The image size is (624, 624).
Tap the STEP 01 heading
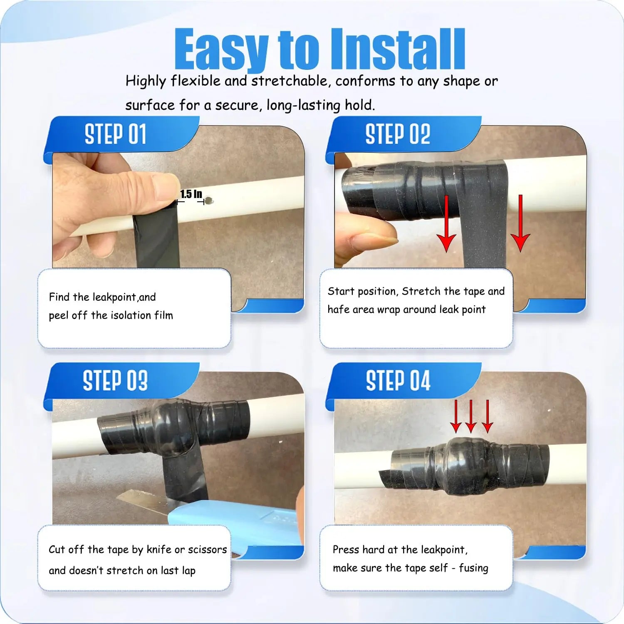point(115,134)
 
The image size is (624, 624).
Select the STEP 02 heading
point(397,134)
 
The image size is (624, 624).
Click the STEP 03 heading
point(115,381)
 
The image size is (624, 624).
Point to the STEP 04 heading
point(398,381)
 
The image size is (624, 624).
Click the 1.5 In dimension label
point(191,194)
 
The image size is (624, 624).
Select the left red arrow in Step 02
point(446,225)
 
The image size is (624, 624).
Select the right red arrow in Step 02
point(520,225)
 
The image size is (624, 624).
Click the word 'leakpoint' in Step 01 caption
point(114,297)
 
